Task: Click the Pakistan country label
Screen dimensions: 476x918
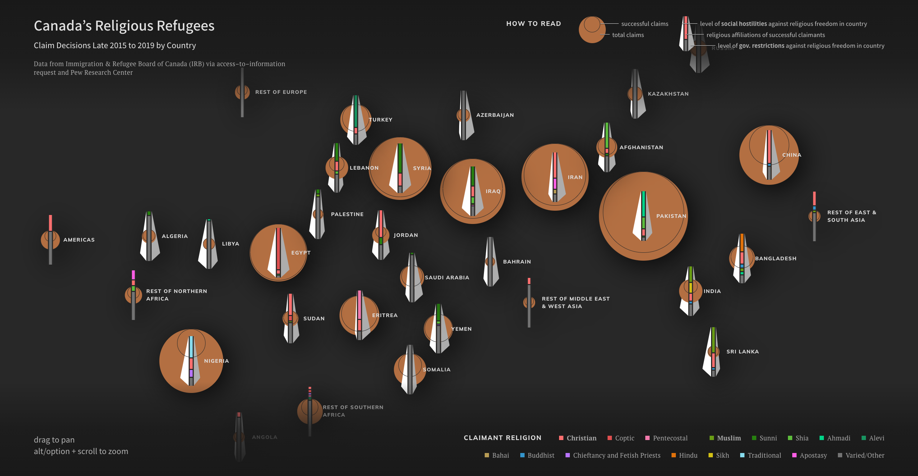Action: pyautogui.click(x=671, y=216)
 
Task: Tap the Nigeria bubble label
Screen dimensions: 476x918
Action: pyautogui.click(x=216, y=361)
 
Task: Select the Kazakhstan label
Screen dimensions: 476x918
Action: pyautogui.click(x=668, y=94)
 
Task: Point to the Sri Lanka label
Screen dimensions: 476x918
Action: pyautogui.click(x=742, y=352)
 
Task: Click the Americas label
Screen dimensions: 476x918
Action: pyautogui.click(x=79, y=240)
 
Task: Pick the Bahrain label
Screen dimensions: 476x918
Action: pyautogui.click(x=517, y=262)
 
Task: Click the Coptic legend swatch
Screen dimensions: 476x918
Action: pyautogui.click(x=610, y=438)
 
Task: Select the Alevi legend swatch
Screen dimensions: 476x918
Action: pyautogui.click(x=864, y=438)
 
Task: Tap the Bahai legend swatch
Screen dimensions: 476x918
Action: pyautogui.click(x=487, y=455)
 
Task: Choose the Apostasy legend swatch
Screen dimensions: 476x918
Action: pyautogui.click(x=794, y=455)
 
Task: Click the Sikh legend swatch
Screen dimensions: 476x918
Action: pyautogui.click(x=710, y=455)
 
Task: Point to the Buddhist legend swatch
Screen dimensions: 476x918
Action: pyautogui.click(x=522, y=455)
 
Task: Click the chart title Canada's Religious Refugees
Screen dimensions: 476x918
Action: pyautogui.click(x=124, y=26)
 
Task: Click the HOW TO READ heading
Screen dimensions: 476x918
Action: pyautogui.click(x=534, y=24)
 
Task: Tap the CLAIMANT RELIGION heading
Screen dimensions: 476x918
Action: pyautogui.click(x=502, y=438)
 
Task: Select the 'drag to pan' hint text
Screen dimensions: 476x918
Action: pyautogui.click(x=54, y=440)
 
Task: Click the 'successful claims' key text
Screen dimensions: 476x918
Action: pyautogui.click(x=645, y=24)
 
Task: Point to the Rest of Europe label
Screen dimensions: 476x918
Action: pyautogui.click(x=281, y=92)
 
